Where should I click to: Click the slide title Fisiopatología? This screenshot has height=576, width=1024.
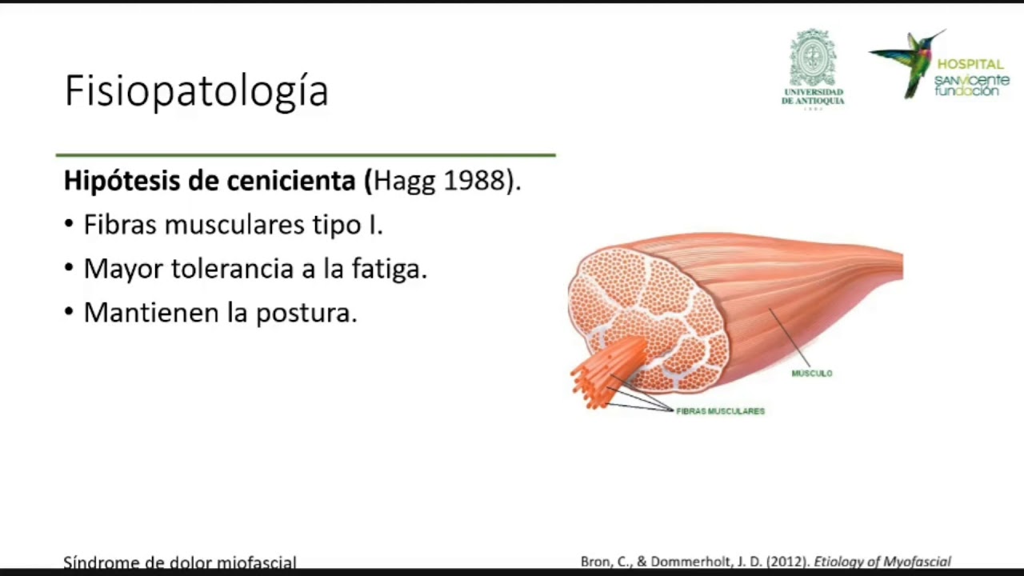196,91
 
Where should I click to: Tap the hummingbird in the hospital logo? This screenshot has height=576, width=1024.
909,61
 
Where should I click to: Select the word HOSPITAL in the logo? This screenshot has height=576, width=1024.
970,64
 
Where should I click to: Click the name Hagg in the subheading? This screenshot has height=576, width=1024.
405,181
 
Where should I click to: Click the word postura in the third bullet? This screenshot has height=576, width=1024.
306,313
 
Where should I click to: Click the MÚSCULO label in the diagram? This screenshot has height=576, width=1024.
811,374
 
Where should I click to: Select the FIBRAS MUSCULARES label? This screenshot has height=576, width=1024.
720,411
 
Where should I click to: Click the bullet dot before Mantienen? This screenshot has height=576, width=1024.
69,312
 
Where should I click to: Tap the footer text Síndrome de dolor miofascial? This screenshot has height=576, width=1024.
180,562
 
